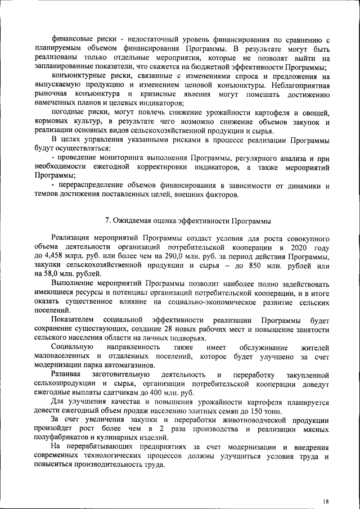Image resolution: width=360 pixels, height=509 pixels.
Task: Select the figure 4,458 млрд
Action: [x=58, y=256]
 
